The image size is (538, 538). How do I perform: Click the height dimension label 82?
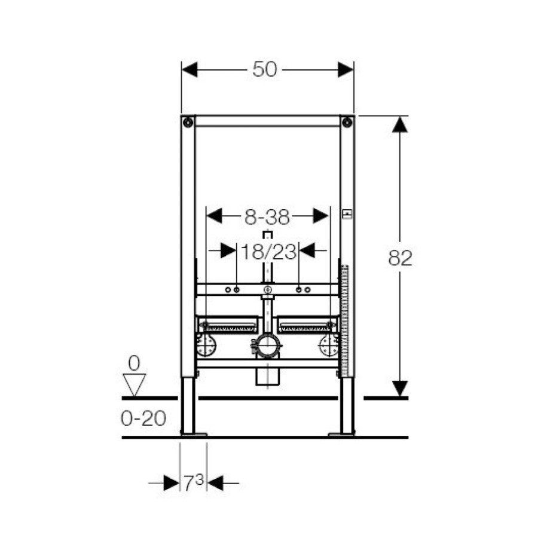coord(400,258)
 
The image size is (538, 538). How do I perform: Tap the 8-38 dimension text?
coord(267,217)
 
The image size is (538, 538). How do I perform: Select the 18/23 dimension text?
coord(268,252)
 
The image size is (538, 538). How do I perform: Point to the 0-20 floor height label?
coord(143,418)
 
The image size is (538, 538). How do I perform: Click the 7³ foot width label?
coord(194,482)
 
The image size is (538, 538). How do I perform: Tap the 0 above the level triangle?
coord(134,363)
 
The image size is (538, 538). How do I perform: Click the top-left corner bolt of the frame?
coord(188,123)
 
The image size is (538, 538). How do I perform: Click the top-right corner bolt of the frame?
coord(347,123)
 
